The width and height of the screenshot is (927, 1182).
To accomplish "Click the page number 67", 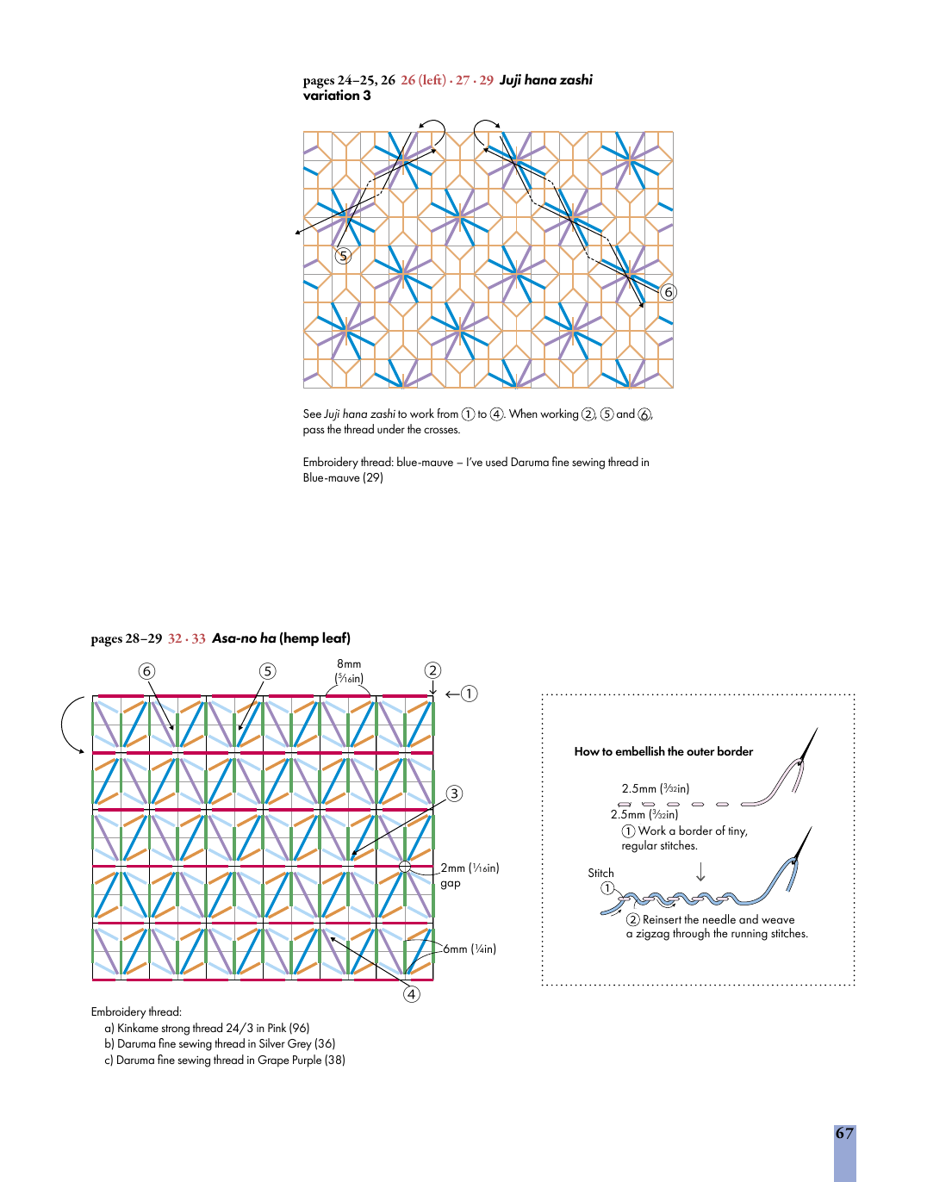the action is [844, 1133].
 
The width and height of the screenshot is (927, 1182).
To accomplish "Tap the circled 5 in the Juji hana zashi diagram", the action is [343, 256].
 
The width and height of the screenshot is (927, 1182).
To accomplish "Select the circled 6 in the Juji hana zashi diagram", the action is [669, 292].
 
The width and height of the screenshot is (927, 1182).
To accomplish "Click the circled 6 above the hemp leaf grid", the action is [146, 671].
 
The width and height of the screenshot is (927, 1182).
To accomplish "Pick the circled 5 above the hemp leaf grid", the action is [267, 671].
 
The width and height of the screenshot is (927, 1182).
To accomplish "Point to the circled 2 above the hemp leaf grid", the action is [432, 670].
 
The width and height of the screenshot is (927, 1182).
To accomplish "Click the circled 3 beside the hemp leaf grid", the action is [455, 793].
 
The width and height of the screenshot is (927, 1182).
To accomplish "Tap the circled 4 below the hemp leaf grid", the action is [412, 994].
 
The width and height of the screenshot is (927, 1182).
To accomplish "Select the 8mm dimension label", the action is [349, 663].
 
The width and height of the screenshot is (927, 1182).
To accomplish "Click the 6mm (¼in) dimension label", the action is [470, 949].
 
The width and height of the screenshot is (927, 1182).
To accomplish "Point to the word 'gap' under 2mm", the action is [451, 883].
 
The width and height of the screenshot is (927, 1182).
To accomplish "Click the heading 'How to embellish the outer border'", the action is [663, 751].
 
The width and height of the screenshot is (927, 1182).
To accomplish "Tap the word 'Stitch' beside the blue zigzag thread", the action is [600, 873].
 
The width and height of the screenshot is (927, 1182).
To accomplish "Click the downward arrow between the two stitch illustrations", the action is [700, 871].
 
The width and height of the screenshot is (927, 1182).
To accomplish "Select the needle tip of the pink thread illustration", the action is [818, 728].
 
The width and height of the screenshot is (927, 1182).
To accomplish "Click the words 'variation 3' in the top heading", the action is [337, 95].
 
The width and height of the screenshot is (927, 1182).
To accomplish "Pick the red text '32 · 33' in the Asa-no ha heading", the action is [186, 638].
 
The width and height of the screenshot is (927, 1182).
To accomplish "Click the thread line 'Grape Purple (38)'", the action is [225, 1060].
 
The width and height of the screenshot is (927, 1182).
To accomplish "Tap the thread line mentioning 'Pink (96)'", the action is [207, 1028].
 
